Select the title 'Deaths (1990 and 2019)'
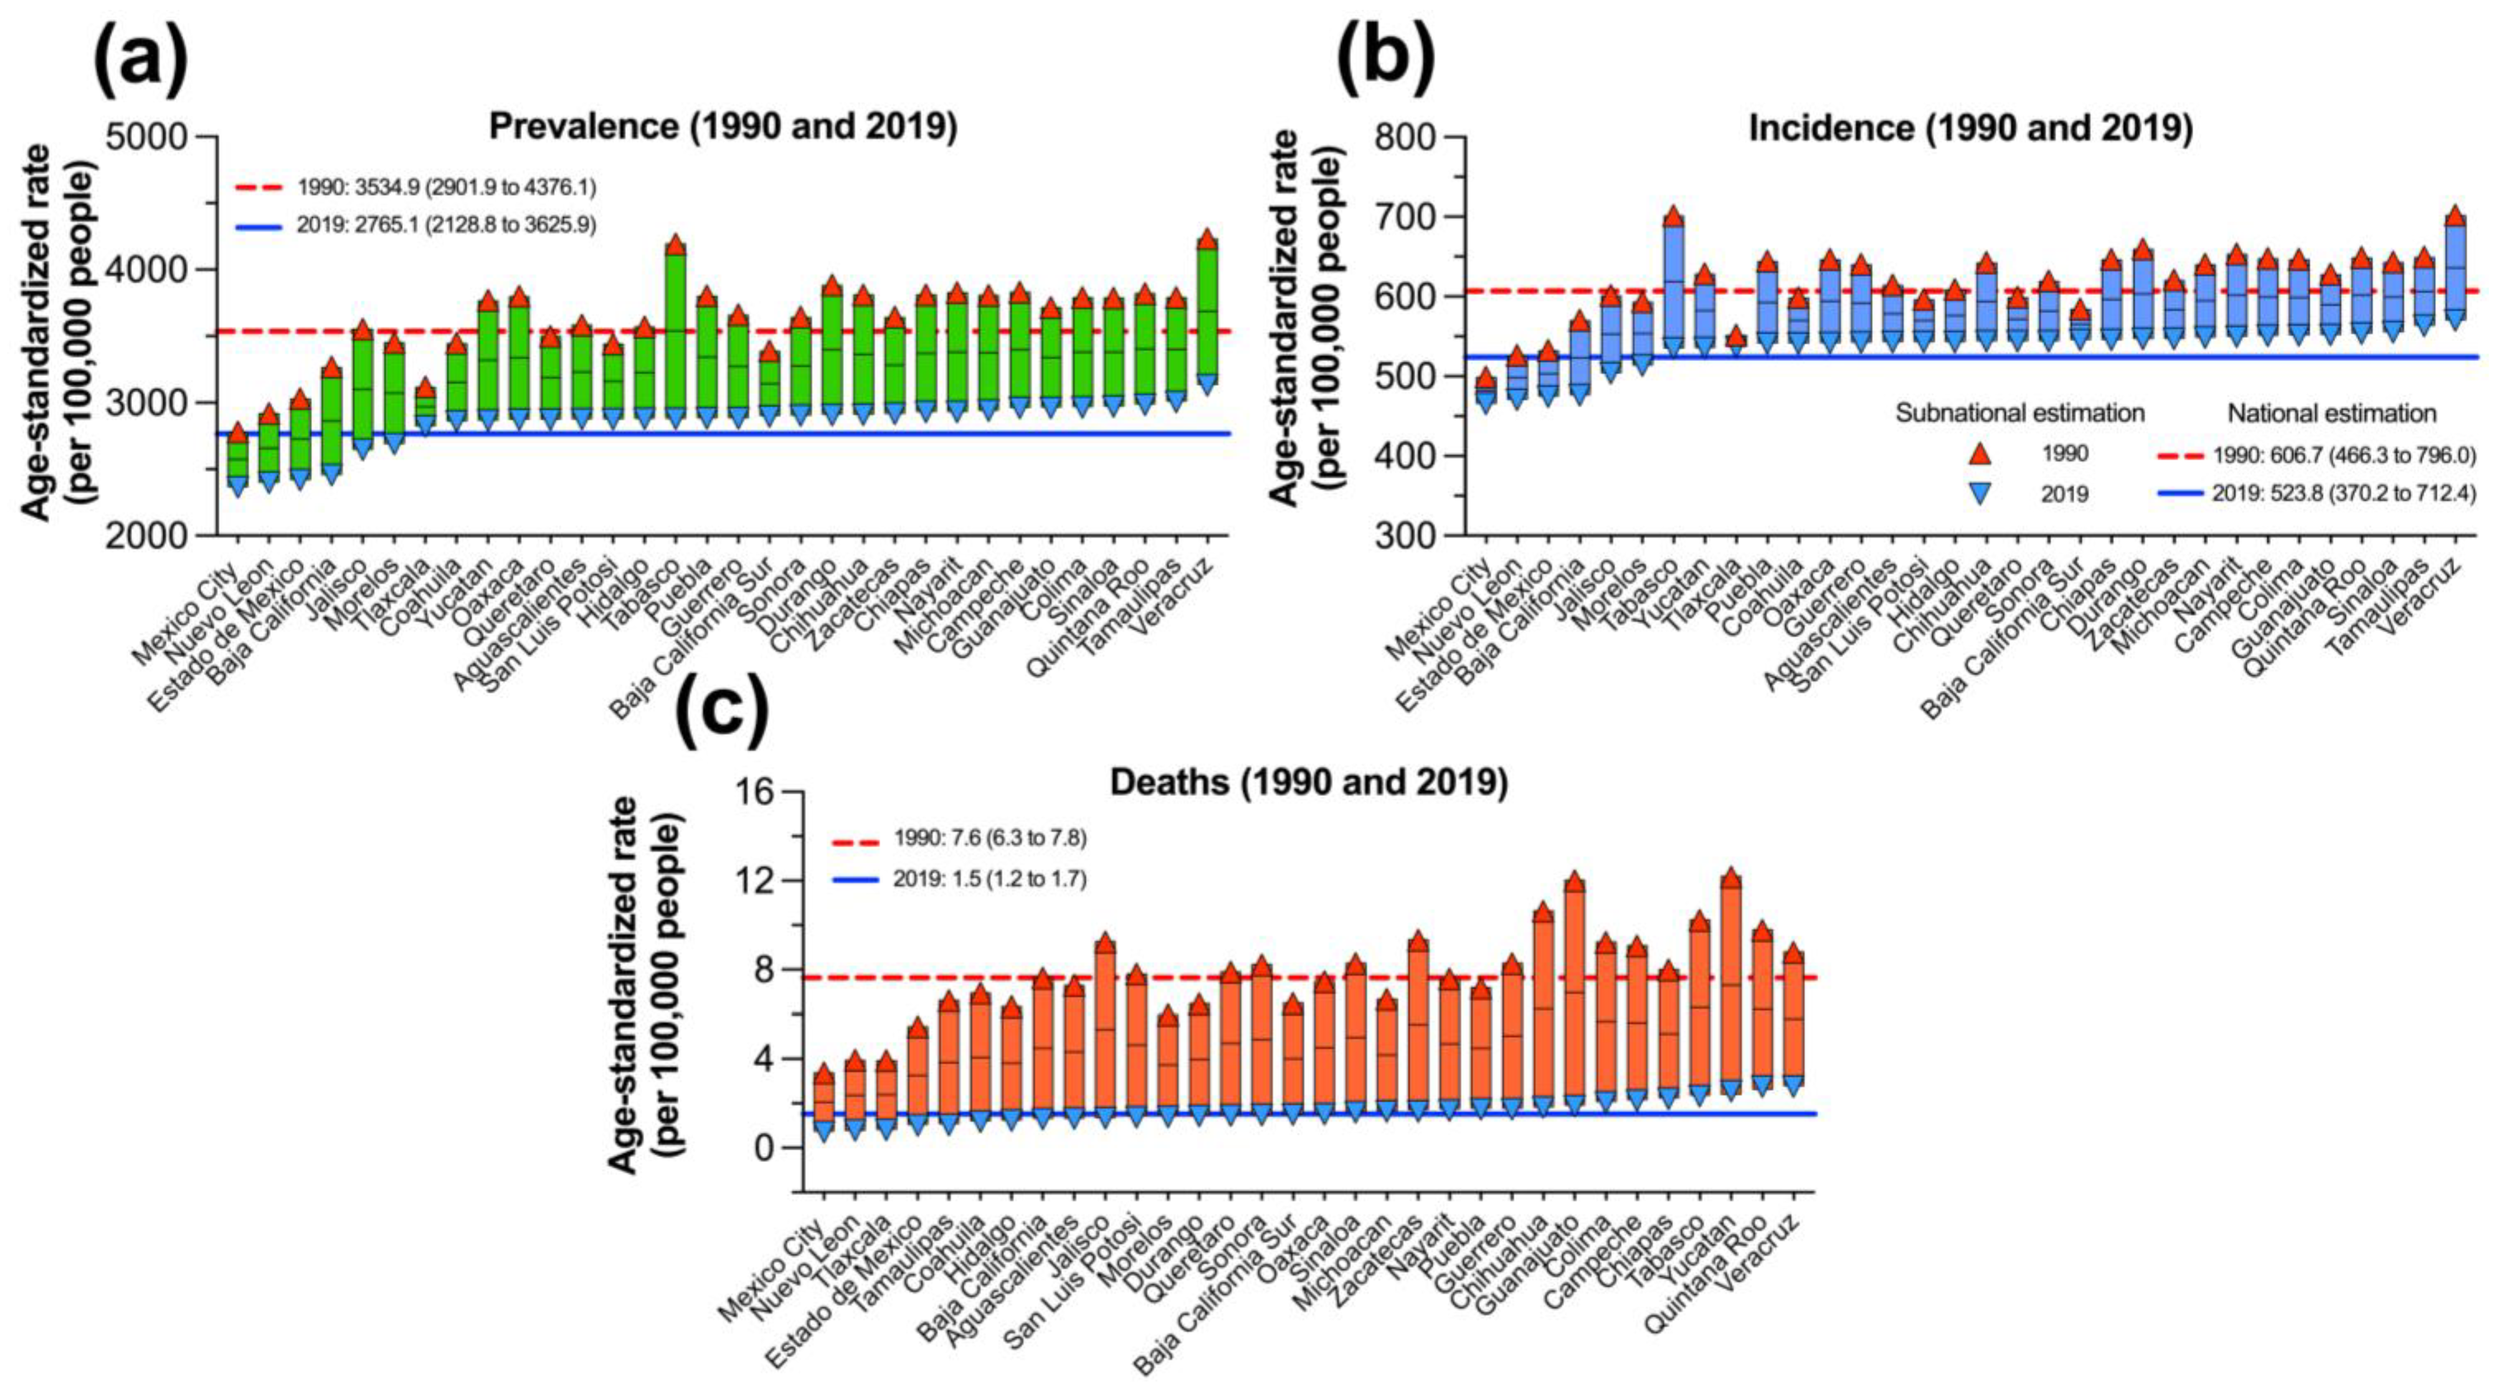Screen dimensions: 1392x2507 click(x=1309, y=783)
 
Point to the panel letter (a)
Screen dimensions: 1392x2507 click(x=140, y=58)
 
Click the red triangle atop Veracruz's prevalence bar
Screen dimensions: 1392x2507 click(x=1208, y=238)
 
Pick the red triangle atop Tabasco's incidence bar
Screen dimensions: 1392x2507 click(x=1673, y=216)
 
